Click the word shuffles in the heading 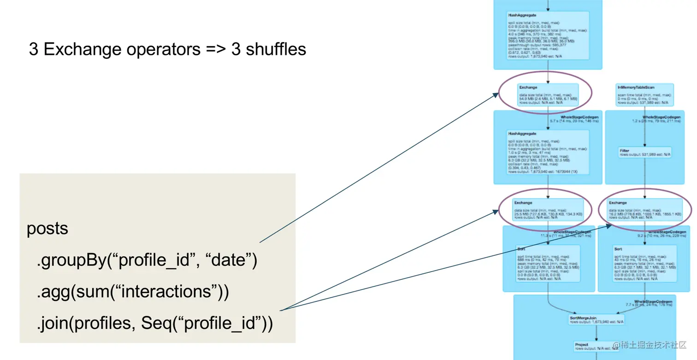(x=276, y=49)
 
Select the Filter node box (x=644, y=152)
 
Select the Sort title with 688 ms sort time (x=521, y=249)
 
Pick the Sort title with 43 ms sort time (x=618, y=249)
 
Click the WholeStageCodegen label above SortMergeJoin (x=652, y=301)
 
